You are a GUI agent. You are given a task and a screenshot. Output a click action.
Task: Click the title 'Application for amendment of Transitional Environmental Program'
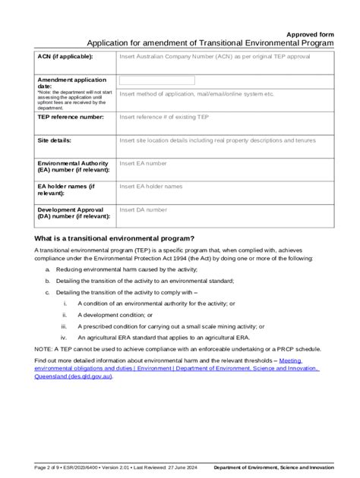pyautogui.click(x=210, y=44)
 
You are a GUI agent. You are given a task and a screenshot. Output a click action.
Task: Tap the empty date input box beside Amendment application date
pyautogui.click(x=156, y=80)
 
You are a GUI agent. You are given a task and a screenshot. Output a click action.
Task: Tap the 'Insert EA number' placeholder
pyautogui.click(x=142, y=163)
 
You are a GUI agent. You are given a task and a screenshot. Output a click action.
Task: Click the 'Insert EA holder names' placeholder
pyautogui.click(x=150, y=186)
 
